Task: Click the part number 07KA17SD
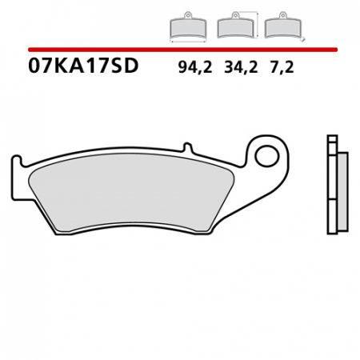(83, 66)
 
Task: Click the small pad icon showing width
(186, 29)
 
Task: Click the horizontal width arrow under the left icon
(186, 40)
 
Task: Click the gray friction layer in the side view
(342, 192)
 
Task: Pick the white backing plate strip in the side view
(332, 192)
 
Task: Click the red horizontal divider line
(180, 50)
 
